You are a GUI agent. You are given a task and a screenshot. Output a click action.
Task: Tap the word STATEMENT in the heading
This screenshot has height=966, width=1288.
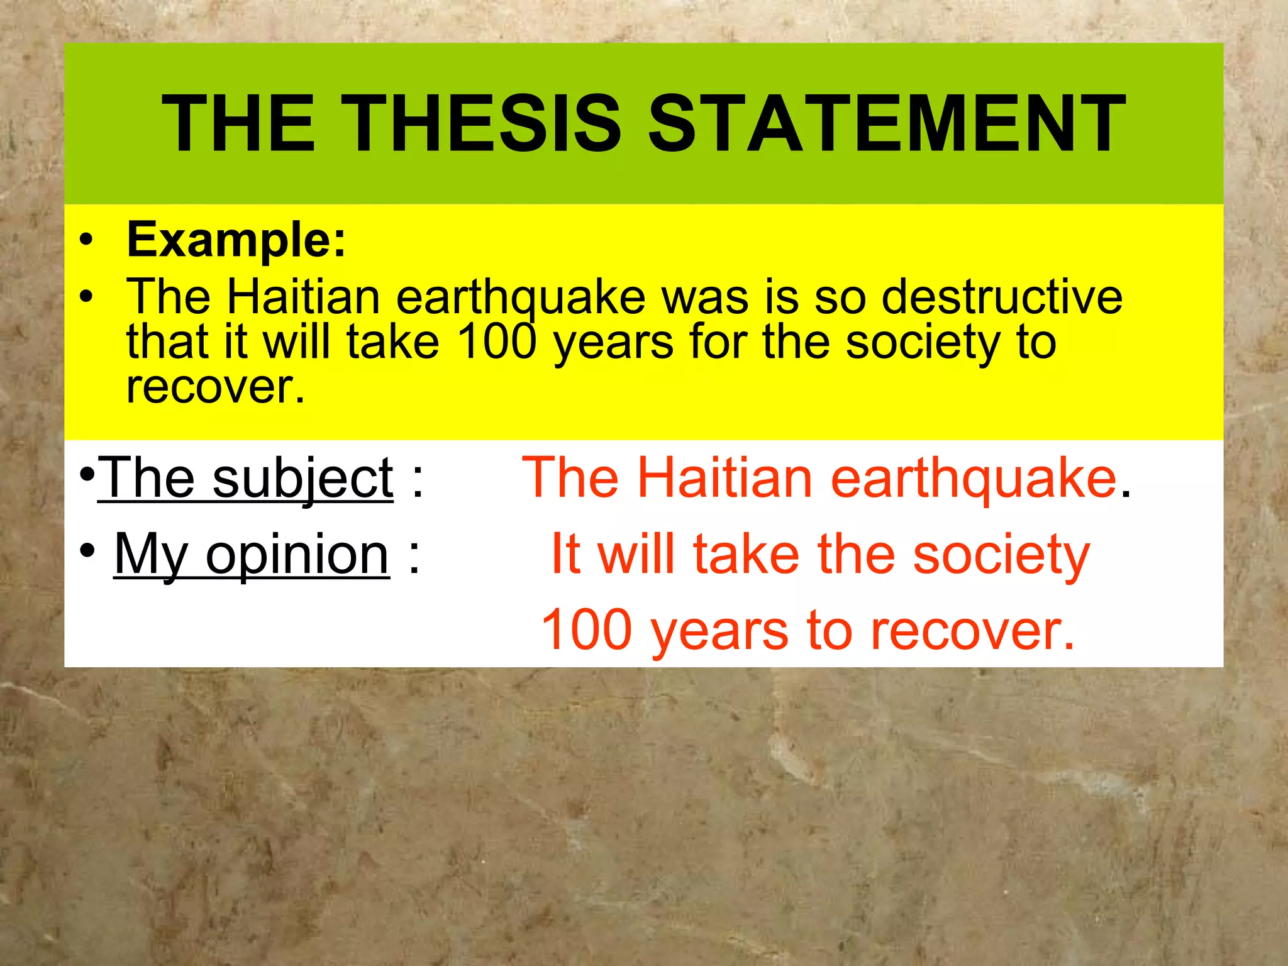click(887, 123)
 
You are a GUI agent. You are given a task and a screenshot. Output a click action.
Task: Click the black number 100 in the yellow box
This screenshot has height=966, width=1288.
click(497, 341)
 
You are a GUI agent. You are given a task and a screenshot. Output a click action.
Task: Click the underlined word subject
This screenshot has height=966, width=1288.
click(303, 479)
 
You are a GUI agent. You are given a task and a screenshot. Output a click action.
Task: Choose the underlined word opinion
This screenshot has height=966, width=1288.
click(297, 555)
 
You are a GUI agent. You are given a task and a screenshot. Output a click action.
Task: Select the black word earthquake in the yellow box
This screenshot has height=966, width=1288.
click(521, 297)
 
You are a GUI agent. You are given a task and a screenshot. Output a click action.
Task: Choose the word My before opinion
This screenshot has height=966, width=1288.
click(151, 555)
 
